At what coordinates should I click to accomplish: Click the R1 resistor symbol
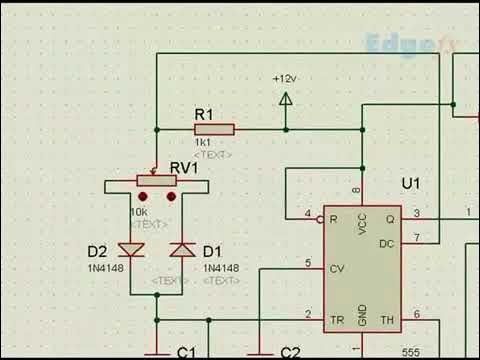(214, 129)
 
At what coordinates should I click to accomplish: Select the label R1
(204, 115)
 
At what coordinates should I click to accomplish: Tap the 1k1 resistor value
(201, 144)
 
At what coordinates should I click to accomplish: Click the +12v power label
(285, 79)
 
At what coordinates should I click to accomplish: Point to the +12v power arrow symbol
(286, 98)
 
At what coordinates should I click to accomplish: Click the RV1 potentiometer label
(185, 166)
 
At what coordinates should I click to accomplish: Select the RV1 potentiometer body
(155, 181)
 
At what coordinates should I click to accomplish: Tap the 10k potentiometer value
(139, 212)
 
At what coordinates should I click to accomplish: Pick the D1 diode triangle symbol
(183, 249)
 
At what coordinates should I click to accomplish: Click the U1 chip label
(411, 184)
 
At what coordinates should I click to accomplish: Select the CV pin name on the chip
(337, 268)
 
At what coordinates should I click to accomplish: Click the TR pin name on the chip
(337, 321)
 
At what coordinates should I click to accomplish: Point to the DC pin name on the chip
(387, 243)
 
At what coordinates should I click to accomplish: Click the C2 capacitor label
(290, 352)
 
